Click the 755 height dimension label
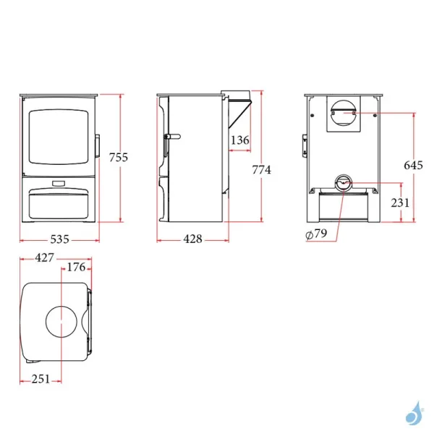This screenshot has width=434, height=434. click(x=118, y=157)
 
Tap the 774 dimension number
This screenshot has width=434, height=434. click(x=261, y=170)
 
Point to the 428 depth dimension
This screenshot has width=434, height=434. click(x=192, y=239)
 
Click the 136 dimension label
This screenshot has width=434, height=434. click(x=240, y=140)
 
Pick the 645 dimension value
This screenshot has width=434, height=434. click(x=413, y=165)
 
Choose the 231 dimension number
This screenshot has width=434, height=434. click(x=400, y=203)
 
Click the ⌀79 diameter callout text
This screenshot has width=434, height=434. click(x=315, y=234)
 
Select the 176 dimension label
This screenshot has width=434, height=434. click(x=76, y=268)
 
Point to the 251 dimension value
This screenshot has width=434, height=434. click(x=41, y=379)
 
